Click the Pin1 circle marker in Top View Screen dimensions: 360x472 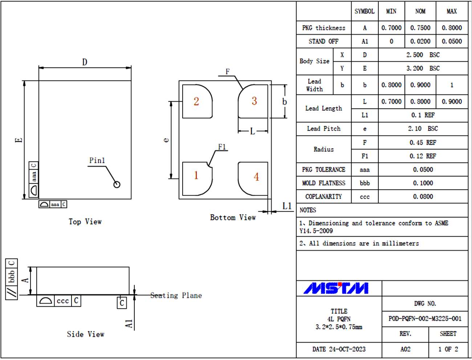pyautogui.click(x=117, y=184)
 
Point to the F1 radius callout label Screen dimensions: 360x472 pyautogui.click(x=222, y=147)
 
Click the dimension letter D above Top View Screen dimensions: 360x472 pyautogui.click(x=85, y=62)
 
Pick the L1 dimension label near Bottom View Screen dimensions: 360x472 pyautogui.click(x=287, y=206)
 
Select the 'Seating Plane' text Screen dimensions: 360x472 pyautogui.click(x=176, y=295)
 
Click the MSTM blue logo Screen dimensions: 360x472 pyautogui.click(x=336, y=289)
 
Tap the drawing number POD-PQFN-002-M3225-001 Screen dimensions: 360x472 pyautogui.click(x=425, y=319)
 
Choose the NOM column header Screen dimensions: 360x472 pyautogui.click(x=420, y=11)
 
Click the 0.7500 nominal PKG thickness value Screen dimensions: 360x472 pyautogui.click(x=420, y=28)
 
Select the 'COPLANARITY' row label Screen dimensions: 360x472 pyautogui.click(x=324, y=197)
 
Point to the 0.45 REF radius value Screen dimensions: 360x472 pyautogui.click(x=423, y=143)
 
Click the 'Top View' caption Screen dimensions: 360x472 pyautogui.click(x=85, y=222)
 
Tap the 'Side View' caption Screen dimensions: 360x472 pyautogui.click(x=86, y=334)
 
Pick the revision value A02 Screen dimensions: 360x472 pyautogui.click(x=405, y=349)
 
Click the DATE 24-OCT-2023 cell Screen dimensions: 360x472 pyautogui.click(x=339, y=349)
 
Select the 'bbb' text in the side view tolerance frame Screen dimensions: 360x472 pyautogui.click(x=12, y=276)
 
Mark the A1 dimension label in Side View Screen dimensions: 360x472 pyautogui.click(x=129, y=324)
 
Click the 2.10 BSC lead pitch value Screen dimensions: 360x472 pyautogui.click(x=423, y=129)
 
